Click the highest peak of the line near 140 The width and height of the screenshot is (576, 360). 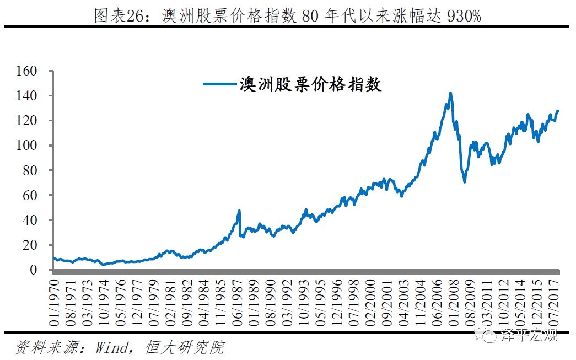pyautogui.click(x=450, y=93)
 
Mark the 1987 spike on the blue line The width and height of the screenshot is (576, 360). pyautogui.click(x=239, y=211)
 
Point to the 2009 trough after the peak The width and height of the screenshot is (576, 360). pyautogui.click(x=465, y=181)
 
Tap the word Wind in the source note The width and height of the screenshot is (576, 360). pyautogui.click(x=113, y=347)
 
